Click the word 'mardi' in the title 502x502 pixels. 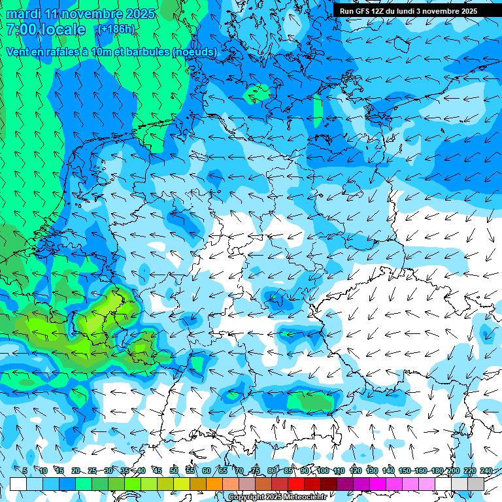coord(24,14)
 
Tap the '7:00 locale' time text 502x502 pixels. coord(46,29)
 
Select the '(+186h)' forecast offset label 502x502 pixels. coord(115,29)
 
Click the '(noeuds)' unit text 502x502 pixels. coord(194,52)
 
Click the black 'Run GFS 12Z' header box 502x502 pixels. coord(409,11)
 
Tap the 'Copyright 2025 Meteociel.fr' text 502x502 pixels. coord(277,497)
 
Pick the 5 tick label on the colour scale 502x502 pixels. coord(24,471)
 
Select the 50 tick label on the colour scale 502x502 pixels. coord(174,471)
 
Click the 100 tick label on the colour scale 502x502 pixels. coord(323,471)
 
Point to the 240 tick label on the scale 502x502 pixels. coord(486,471)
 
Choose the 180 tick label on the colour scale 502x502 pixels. coord(437,471)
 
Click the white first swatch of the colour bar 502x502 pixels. coord(18,484)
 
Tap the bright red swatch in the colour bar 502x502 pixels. coord(296,484)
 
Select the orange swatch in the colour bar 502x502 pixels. coord(214,484)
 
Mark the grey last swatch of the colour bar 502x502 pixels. coord(476,484)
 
